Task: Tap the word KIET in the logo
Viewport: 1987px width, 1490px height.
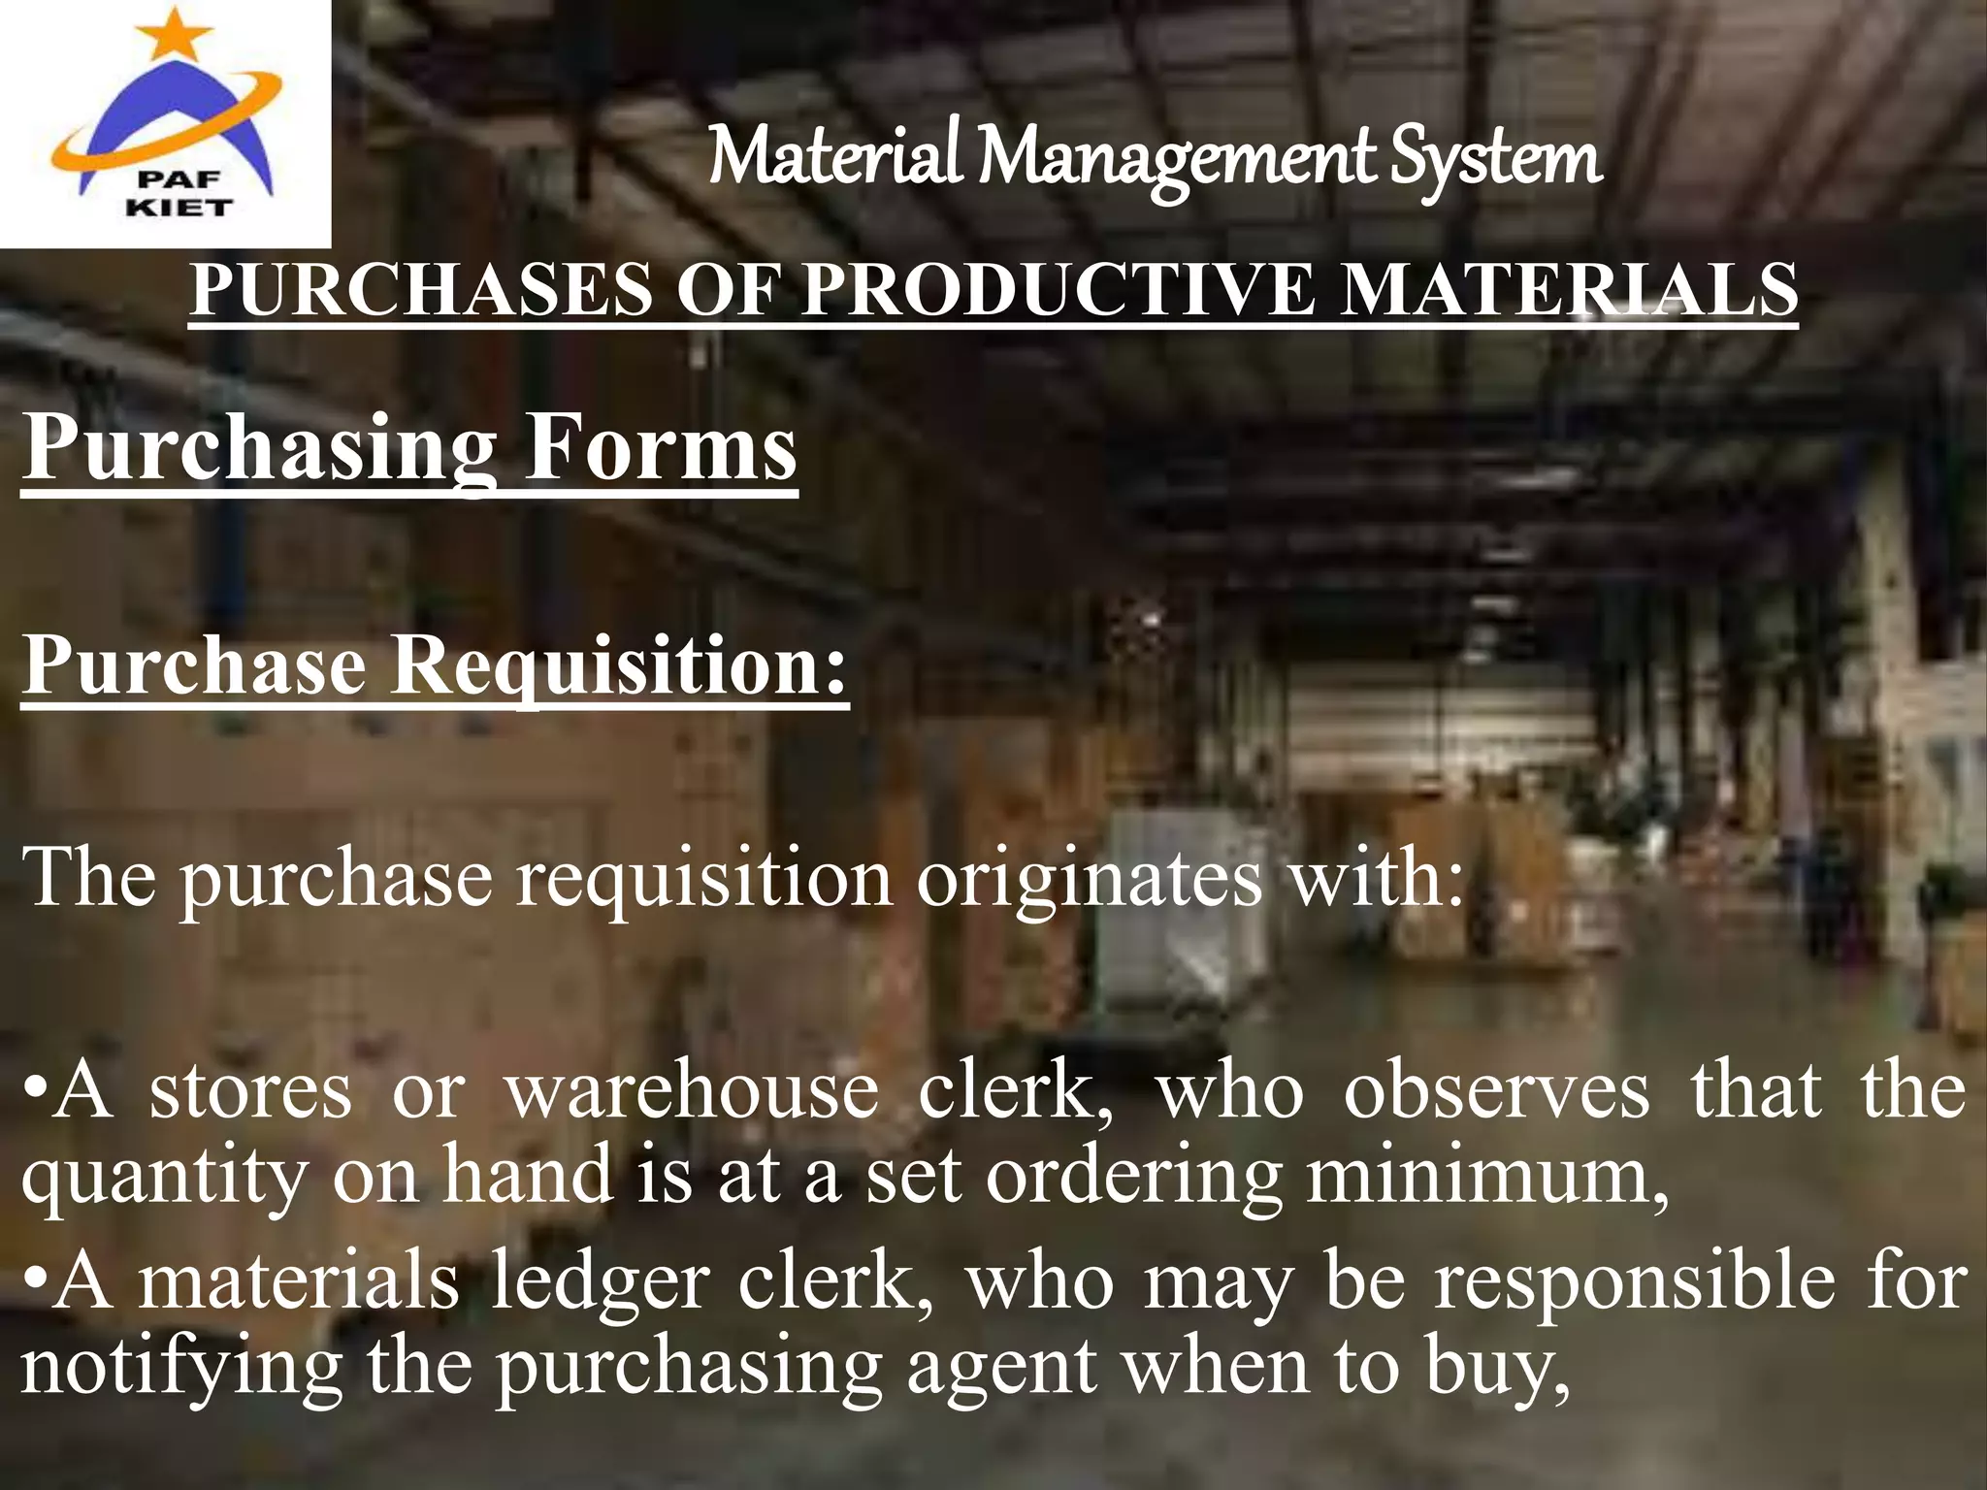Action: [179, 207]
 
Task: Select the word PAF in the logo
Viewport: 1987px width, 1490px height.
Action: [179, 180]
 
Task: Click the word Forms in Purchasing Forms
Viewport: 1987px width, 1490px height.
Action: [660, 448]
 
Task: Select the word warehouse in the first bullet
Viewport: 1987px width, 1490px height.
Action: [692, 1092]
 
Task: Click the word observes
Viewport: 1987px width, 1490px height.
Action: [1495, 1092]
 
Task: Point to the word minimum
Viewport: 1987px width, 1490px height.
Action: [1485, 1175]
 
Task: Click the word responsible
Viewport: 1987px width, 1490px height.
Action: [1635, 1282]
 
